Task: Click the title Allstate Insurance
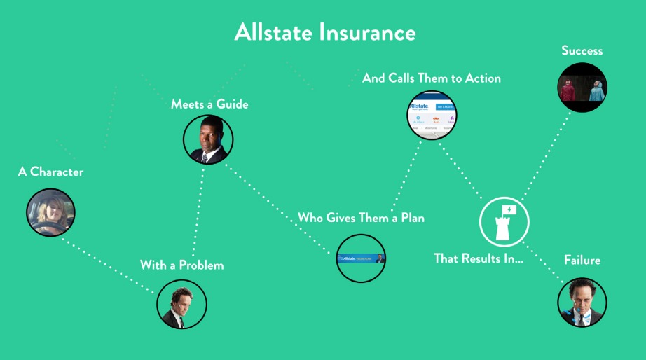click(325, 32)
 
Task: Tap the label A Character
click(50, 172)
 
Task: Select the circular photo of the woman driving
click(50, 212)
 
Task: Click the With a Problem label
click(181, 265)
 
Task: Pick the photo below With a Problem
click(181, 304)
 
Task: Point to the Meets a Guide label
click(209, 104)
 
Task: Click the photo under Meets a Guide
click(208, 139)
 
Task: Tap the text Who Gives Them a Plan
click(361, 218)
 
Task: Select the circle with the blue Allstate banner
click(361, 258)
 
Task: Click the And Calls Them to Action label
click(432, 78)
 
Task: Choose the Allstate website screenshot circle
click(432, 115)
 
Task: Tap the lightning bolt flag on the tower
click(509, 210)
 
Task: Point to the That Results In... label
click(479, 258)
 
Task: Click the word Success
click(582, 50)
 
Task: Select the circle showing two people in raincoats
click(582, 88)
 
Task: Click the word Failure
click(582, 260)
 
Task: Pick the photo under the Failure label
click(582, 303)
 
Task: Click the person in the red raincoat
click(568, 90)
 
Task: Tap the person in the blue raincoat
click(597, 91)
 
